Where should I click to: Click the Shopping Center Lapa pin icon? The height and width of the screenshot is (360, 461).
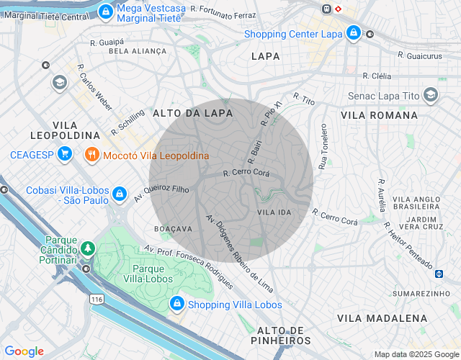click(x=353, y=33)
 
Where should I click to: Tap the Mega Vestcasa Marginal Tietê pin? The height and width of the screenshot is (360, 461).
click(x=106, y=11)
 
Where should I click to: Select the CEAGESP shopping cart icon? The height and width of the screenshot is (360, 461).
click(x=65, y=154)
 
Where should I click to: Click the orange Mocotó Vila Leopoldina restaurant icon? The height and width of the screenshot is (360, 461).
click(x=91, y=154)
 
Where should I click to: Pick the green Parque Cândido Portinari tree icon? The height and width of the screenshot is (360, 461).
click(x=88, y=249)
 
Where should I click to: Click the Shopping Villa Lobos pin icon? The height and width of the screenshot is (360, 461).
click(x=176, y=305)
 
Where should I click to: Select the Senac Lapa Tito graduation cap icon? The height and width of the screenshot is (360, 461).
click(x=431, y=95)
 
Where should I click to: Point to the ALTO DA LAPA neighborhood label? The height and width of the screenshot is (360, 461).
click(x=192, y=113)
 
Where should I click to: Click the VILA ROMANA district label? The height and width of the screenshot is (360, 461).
click(x=379, y=115)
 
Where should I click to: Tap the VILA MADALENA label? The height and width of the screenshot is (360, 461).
click(x=382, y=318)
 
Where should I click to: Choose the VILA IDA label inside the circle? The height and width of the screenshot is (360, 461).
click(x=274, y=212)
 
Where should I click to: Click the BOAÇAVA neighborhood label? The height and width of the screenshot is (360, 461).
click(x=174, y=228)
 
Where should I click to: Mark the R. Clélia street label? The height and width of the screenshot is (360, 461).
click(x=377, y=75)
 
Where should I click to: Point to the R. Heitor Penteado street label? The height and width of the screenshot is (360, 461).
click(x=408, y=245)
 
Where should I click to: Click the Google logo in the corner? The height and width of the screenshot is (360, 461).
click(x=24, y=351)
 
